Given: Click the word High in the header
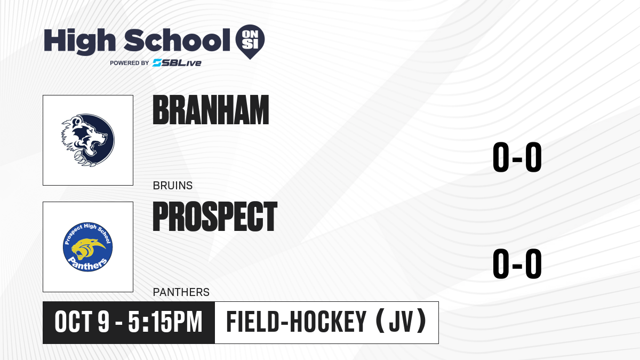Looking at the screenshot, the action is tap(79, 42).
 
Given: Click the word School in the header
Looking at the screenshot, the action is tap(177, 39).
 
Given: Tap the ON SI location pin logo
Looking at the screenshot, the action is tap(250, 42).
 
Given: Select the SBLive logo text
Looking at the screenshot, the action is tap(177, 62).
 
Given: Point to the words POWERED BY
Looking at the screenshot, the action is tap(130, 63).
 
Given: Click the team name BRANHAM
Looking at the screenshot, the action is tap(211, 110).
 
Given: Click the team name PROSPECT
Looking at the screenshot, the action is tap(215, 217).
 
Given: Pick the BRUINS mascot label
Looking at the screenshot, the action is tap(173, 186).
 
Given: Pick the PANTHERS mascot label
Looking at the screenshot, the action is tap(181, 292).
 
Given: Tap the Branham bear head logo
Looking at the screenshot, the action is tap(88, 140).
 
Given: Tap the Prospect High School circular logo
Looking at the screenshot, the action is tap(87, 247).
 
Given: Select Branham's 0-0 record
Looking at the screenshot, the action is tap(517, 157).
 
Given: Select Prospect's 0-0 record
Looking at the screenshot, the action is tap(517, 263).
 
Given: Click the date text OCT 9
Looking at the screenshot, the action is tap(82, 322).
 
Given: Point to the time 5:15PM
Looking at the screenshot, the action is tap(165, 322).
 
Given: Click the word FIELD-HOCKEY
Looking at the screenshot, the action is tap(297, 322).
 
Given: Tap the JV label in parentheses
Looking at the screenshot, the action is tap(401, 322).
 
